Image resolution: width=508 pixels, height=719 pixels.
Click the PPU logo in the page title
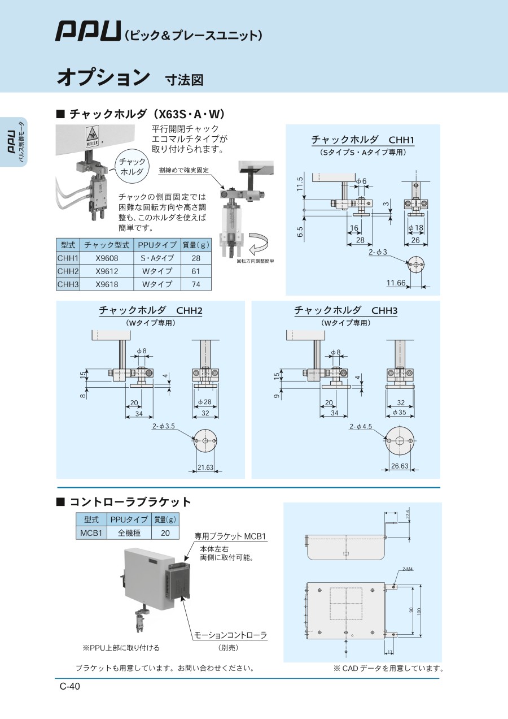pos(88,31)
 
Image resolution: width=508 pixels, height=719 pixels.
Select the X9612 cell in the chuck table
pos(107,271)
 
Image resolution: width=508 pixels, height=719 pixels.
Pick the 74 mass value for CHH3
pos(196,284)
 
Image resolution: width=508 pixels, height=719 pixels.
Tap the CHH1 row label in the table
pos(68,258)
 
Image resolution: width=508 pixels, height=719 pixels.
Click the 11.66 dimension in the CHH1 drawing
pos(396,283)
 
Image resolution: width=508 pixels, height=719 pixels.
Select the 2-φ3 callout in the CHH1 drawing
pos(378,252)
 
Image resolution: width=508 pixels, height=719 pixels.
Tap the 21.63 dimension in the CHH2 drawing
pos(205,467)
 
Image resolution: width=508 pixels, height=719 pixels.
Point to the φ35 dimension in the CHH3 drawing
pos(400,413)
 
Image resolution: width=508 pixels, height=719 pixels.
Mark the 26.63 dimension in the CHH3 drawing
pos(400,466)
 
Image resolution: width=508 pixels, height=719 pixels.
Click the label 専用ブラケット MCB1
pos(230,536)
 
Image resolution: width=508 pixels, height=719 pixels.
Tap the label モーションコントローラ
pos(230,635)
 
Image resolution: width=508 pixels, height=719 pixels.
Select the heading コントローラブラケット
pos(130,502)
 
